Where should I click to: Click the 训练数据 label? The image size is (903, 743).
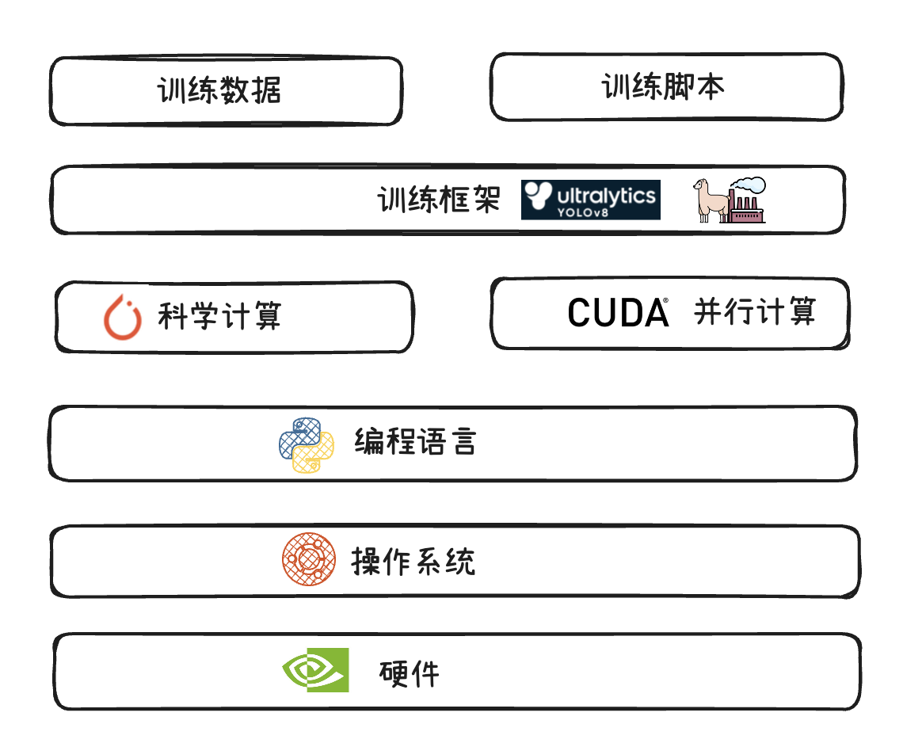(x=219, y=90)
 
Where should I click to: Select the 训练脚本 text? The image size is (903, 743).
(x=662, y=86)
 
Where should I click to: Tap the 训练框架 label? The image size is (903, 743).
(x=438, y=200)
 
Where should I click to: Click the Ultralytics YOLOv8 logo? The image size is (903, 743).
(x=590, y=200)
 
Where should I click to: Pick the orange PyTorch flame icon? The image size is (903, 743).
(x=123, y=317)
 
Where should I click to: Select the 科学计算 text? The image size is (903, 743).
(x=219, y=316)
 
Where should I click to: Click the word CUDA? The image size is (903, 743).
(x=618, y=314)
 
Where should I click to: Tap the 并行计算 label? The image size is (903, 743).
(x=754, y=311)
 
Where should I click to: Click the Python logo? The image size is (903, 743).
(x=307, y=445)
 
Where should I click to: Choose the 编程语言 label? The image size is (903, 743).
(x=415, y=441)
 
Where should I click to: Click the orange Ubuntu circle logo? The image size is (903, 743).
(x=309, y=559)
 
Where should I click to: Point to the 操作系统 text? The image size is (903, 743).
(x=413, y=562)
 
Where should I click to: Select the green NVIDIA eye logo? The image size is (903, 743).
(x=316, y=670)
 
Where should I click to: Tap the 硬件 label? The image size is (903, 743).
(x=409, y=674)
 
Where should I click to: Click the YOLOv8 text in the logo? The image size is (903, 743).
(x=588, y=212)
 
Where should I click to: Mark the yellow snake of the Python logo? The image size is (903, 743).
(x=314, y=457)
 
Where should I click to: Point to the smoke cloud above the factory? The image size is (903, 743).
(x=750, y=185)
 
